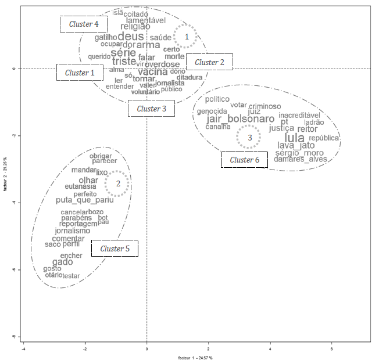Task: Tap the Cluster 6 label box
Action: tap(244, 160)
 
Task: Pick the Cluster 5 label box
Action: tap(115, 249)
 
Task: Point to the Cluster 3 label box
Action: tap(151, 109)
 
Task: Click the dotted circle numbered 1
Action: tap(187, 37)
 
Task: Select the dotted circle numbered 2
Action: tap(118, 183)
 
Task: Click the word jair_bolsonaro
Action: tap(240, 119)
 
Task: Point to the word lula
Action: tap(295, 138)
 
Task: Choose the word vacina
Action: tap(153, 71)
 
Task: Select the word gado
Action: tap(63, 262)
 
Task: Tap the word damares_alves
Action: tap(301, 159)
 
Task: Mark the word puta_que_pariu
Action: tap(85, 200)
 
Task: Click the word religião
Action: tap(135, 26)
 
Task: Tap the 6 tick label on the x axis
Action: tap(331, 349)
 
